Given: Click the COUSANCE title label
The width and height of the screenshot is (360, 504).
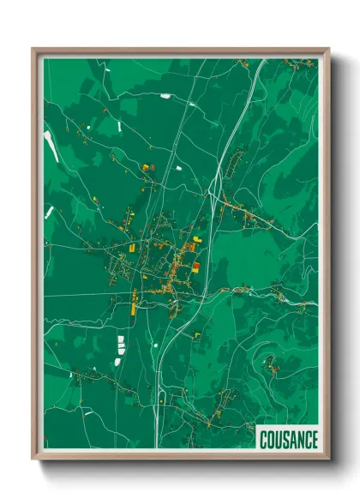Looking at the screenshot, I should point(287,438).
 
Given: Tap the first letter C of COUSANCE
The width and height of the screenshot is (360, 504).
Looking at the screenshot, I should point(264,438).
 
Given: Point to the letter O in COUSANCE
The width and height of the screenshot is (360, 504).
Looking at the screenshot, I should point(271,438).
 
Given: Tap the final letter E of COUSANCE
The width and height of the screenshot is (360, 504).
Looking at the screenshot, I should point(312,438).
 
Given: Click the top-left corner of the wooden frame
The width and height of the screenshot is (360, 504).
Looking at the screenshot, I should point(33,49).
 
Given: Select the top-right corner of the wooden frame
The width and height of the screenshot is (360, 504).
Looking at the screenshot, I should point(328,49).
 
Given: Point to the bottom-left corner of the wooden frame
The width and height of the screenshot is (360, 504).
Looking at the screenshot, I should point(33,460).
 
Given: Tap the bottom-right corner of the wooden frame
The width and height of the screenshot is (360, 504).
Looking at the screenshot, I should point(328,460).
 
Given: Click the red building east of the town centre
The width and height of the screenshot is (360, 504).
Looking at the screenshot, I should point(195,267).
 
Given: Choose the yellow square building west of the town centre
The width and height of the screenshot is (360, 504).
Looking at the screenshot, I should point(133,247).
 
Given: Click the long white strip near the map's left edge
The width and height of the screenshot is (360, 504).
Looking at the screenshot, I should point(51,146).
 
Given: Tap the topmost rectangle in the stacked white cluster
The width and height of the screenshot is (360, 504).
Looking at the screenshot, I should point(119,341).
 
